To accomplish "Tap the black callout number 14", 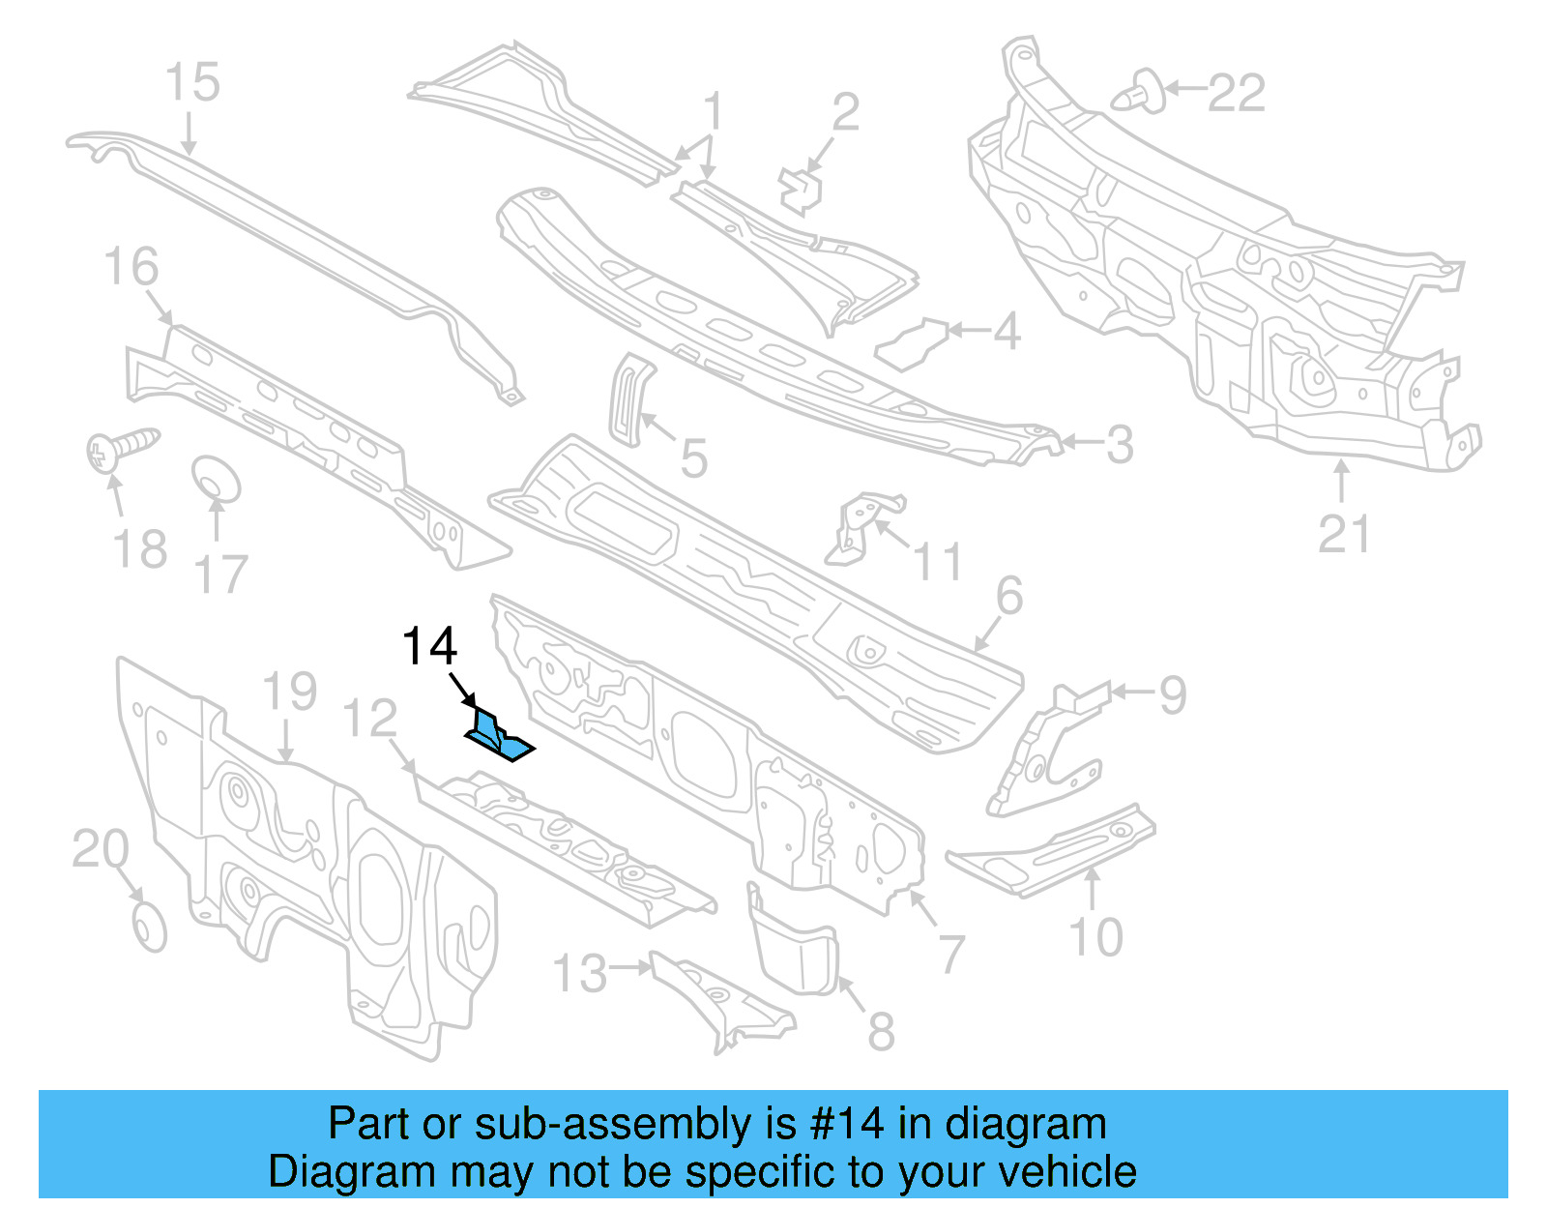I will [x=429, y=646].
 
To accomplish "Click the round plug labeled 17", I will [x=215, y=479].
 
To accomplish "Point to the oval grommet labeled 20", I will [x=149, y=928].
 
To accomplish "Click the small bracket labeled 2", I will [x=800, y=190].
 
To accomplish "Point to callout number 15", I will [x=192, y=82].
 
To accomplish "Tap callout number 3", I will [x=1119, y=445].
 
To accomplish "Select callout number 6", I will [x=1008, y=596].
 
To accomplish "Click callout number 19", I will [x=289, y=692].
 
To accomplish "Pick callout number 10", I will [x=1095, y=937].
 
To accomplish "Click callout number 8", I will [x=880, y=1031].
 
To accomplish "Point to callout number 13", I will [x=580, y=973].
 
